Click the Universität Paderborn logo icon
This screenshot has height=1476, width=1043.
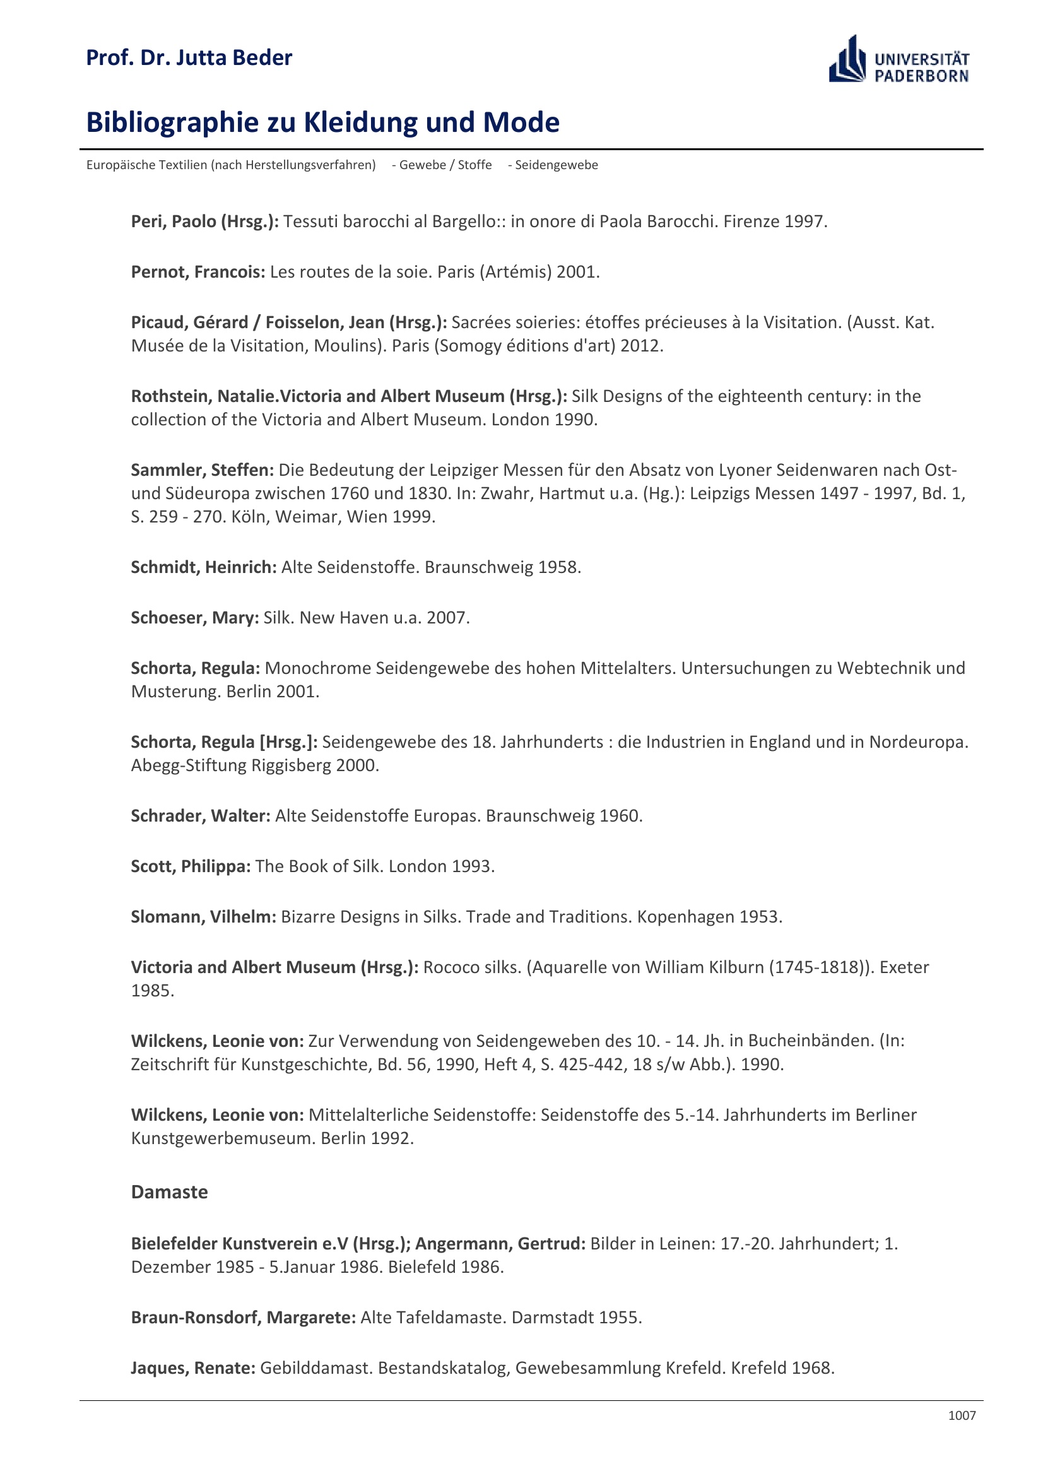pyautogui.click(x=847, y=60)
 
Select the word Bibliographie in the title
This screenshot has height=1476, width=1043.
pyautogui.click(x=172, y=123)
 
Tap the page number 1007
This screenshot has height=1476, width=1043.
pyautogui.click(x=962, y=1415)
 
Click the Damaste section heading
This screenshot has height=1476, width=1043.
pyautogui.click(x=169, y=1192)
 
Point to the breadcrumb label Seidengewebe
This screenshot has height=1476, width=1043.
pyautogui.click(x=556, y=165)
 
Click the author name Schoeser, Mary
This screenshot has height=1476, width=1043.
pyautogui.click(x=195, y=618)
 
